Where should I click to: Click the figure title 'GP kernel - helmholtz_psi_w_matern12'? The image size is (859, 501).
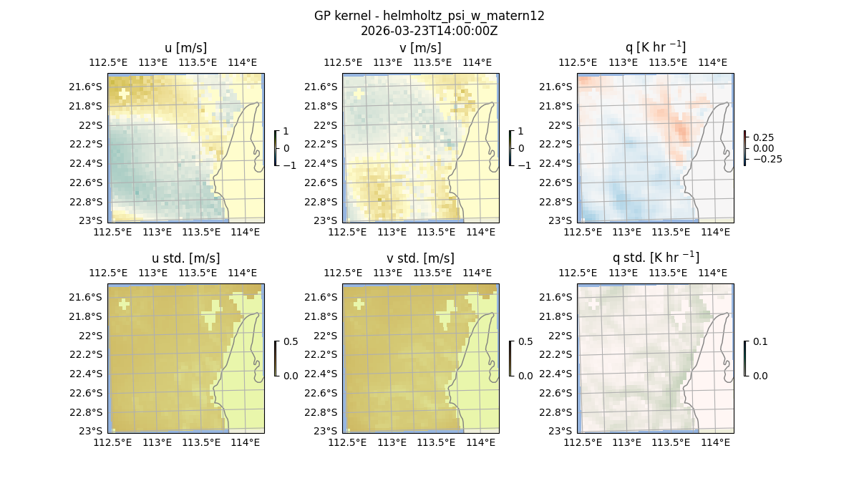(429, 16)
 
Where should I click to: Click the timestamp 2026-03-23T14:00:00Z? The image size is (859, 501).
(429, 31)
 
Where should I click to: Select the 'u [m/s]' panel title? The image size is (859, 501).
(185, 48)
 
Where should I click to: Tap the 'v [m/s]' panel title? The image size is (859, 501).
(420, 48)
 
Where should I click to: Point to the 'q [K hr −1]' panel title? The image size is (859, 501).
(655, 47)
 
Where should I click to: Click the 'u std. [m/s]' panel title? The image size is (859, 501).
(185, 258)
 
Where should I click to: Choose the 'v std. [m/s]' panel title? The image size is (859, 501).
(420, 258)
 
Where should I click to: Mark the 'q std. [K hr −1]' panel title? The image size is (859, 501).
(655, 258)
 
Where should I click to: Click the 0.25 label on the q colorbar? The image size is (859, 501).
(764, 137)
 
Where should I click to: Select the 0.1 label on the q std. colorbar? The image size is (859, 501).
(759, 342)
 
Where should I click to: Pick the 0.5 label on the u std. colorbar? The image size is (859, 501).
(291, 342)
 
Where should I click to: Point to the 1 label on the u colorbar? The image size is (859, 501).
(287, 132)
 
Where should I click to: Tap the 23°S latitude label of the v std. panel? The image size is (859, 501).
(329, 431)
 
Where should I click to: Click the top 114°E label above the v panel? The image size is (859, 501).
(477, 62)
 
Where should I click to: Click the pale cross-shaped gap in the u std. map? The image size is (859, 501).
(125, 304)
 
